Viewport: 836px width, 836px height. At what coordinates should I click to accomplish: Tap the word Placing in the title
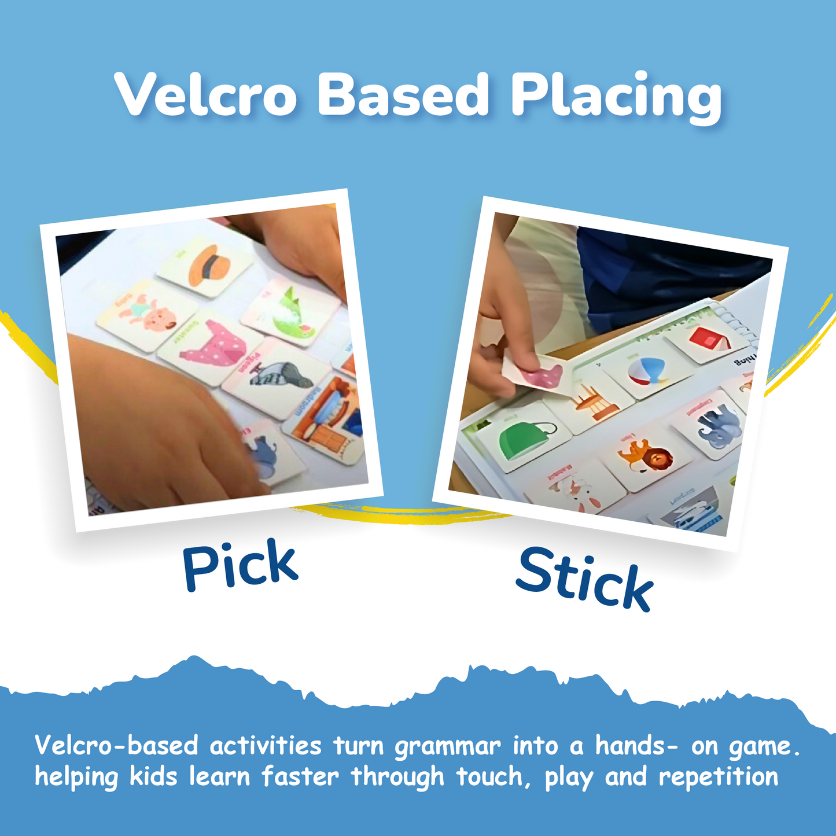(x=616, y=97)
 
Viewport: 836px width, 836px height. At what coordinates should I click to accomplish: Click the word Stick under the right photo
(x=584, y=579)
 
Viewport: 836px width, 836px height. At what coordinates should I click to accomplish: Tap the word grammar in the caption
(x=447, y=746)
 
